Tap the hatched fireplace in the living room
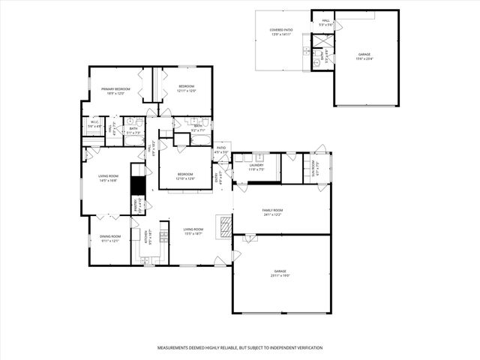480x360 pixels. click(224, 226)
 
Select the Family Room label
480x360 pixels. click(272, 212)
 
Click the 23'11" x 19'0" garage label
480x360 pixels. click(280, 273)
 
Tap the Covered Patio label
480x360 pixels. click(281, 31)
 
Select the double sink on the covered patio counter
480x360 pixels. click(307, 51)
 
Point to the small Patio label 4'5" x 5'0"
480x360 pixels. click(220, 150)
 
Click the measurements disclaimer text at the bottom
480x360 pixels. click(239, 348)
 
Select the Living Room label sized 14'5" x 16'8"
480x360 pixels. click(109, 178)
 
